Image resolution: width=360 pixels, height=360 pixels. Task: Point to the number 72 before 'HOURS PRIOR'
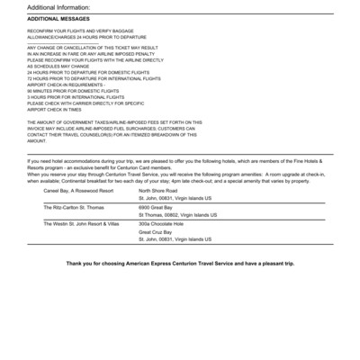[x=30, y=79]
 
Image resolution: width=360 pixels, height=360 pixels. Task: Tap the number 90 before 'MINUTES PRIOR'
[x=30, y=92]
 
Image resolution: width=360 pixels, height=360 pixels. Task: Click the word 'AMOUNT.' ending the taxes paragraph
[x=36, y=141]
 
